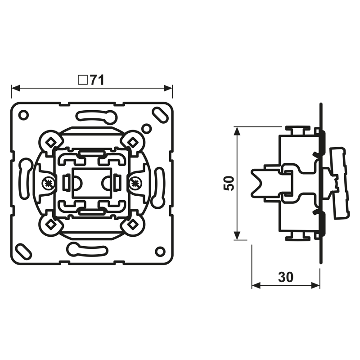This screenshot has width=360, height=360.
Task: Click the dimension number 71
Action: [97, 80]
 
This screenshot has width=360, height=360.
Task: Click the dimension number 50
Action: [229, 183]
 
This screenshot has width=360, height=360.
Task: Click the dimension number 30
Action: [286, 277]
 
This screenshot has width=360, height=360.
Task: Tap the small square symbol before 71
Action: [82, 80]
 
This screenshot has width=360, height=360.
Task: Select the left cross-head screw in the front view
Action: [49, 183]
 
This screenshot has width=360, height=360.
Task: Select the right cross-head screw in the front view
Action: [135, 183]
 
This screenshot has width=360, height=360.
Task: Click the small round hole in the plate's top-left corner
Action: [23, 115]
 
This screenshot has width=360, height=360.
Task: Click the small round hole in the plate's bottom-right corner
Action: [160, 251]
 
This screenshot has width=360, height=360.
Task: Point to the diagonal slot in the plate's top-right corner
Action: [160, 114]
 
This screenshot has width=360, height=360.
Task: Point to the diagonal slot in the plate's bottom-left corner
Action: [24, 252]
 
